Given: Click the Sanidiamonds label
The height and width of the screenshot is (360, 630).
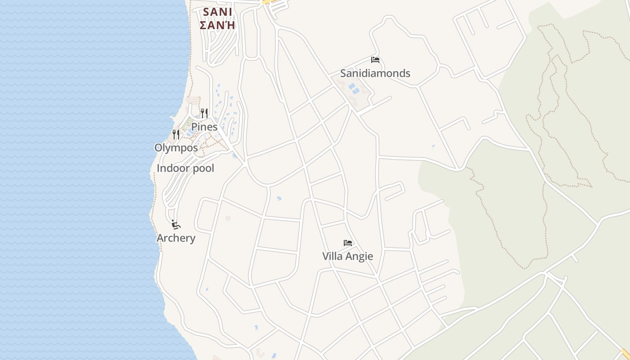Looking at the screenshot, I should (x=375, y=73).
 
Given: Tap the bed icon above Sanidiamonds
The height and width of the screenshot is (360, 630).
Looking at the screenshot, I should (x=375, y=60).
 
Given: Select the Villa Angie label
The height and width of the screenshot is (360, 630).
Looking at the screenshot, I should (x=347, y=256).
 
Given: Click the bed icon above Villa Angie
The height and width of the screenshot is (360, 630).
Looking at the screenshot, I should (x=348, y=243).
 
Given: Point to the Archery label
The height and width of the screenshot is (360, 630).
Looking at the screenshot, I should (x=176, y=238).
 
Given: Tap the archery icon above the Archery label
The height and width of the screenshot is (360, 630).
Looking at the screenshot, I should (x=176, y=224).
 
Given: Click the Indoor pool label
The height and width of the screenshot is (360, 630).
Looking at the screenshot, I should (x=185, y=168).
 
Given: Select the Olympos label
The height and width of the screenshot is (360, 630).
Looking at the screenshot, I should (x=176, y=148).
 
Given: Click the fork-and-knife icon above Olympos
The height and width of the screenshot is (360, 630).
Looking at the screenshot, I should (x=176, y=134).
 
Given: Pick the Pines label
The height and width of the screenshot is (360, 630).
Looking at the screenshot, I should (x=204, y=127).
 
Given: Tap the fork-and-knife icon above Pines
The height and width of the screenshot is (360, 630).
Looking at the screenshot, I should (x=204, y=112).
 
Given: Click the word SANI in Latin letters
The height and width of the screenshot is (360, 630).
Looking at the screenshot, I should (x=217, y=12).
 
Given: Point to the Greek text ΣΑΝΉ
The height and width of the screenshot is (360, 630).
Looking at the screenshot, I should (x=217, y=25).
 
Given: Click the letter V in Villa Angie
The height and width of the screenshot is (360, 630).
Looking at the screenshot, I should (x=326, y=256).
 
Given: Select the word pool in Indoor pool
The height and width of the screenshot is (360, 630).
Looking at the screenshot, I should (x=202, y=168).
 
